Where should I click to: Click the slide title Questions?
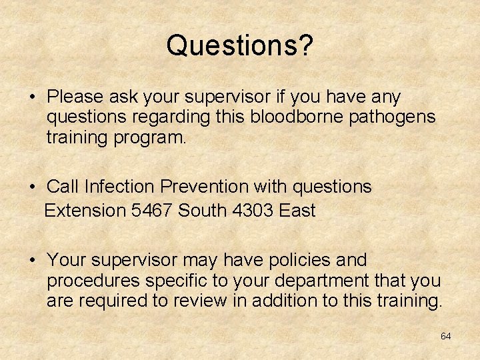240,45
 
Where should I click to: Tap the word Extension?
85,211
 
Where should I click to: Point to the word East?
297,211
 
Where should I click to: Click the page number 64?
445,336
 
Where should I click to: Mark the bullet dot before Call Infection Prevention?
33,187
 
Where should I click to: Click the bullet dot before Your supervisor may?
33,260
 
